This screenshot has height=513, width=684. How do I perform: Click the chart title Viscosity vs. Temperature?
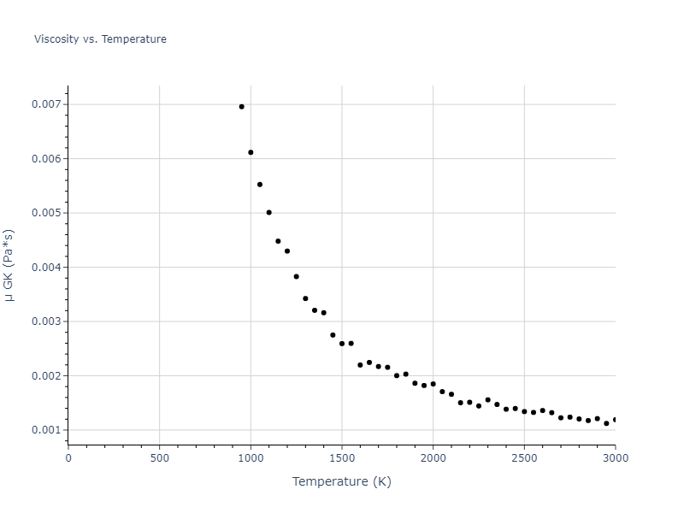[x=100, y=39]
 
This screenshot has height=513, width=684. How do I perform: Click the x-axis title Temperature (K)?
[x=341, y=481]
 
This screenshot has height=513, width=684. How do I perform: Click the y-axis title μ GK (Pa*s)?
[x=9, y=265]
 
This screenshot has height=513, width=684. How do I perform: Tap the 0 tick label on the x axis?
[x=68, y=457]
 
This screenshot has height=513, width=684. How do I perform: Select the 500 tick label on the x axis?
[x=159, y=457]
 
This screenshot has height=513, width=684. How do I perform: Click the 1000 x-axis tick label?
[x=251, y=457]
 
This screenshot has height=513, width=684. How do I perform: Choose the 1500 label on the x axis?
[x=342, y=457]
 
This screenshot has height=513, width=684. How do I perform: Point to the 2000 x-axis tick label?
[x=433, y=457]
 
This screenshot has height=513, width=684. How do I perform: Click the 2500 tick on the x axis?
[x=524, y=457]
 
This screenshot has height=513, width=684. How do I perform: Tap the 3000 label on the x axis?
[x=615, y=457]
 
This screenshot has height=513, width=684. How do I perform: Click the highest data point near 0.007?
[x=241, y=107]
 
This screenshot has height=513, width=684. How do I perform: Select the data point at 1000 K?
[x=251, y=152]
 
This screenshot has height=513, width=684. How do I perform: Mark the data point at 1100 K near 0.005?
[x=268, y=212]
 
